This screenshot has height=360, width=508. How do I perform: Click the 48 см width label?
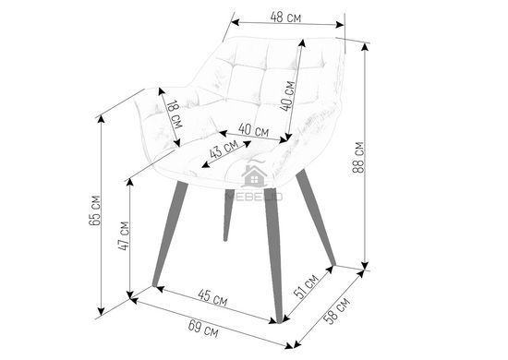(285, 18)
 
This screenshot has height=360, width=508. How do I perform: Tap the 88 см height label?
(358, 157)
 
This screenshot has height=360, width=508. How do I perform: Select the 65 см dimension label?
(94, 210)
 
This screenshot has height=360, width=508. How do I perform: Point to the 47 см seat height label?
(124, 235)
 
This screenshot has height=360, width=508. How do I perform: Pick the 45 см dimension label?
(212, 298)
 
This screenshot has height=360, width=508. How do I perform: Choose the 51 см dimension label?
(306, 286)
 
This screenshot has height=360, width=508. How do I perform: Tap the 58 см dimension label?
(337, 311)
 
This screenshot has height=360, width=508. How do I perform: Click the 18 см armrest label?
(175, 114)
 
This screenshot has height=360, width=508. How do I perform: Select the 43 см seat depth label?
(224, 149)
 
